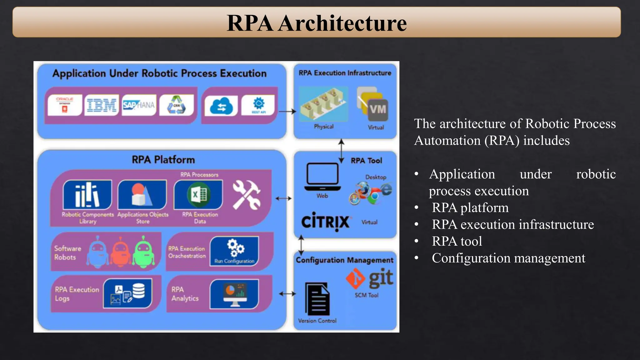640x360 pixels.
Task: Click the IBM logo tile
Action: [102, 105]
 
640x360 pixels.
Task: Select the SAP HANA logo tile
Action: [139, 105]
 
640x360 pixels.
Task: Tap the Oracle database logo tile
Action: [65, 105]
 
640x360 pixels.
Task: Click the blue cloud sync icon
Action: [221, 106]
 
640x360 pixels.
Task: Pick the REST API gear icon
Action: [258, 105]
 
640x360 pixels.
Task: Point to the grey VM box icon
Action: [378, 110]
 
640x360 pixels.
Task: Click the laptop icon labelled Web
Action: [322, 177]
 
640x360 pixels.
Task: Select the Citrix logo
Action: [325, 221]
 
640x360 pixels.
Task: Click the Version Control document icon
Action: [317, 299]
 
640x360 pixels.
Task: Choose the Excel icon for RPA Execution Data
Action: [198, 195]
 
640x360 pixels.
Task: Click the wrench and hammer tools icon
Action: [247, 195]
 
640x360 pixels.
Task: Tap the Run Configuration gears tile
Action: [234, 251]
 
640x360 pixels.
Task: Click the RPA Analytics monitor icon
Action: [234, 294]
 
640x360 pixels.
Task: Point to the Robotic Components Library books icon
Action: [87, 195]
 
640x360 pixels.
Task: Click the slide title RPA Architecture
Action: [317, 23]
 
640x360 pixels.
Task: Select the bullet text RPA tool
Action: [457, 241]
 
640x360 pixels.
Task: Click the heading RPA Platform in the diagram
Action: [163, 160]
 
